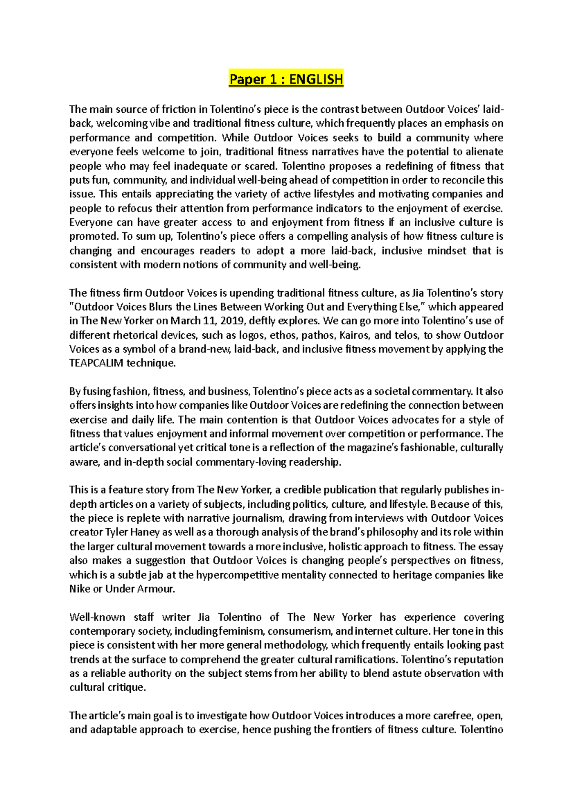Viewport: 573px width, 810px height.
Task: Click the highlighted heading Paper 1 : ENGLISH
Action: tap(286, 79)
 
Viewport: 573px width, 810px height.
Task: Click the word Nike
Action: tap(80, 589)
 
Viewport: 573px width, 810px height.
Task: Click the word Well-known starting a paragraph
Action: tap(97, 617)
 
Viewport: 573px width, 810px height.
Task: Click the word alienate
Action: tap(485, 152)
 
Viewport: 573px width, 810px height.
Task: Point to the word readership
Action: tap(315, 462)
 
